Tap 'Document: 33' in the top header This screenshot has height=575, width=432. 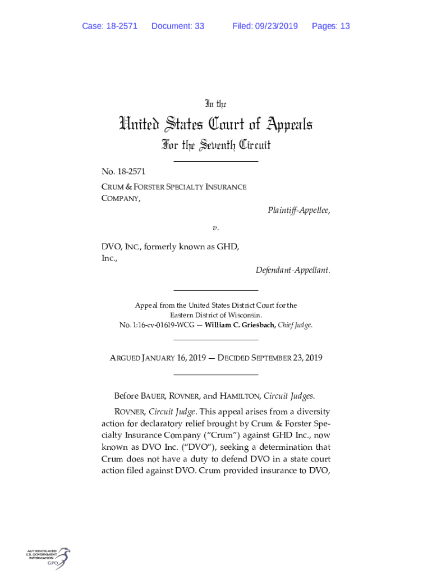coord(178,26)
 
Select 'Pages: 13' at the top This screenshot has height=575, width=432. coord(330,26)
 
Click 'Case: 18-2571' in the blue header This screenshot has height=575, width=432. coord(109,26)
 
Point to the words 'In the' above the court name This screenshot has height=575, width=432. coord(215,104)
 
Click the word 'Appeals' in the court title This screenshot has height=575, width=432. coord(281,124)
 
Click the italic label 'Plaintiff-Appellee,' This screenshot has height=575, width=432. coord(298,211)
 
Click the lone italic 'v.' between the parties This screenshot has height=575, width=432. coord(215,228)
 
